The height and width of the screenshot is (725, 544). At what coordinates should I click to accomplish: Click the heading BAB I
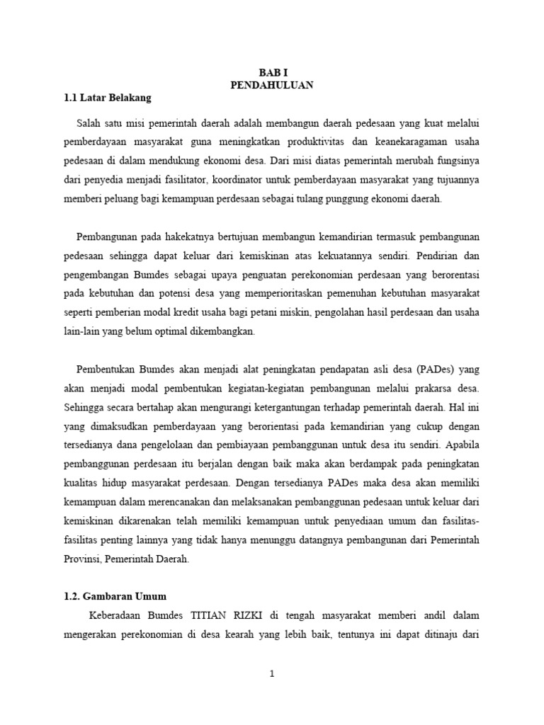(272, 72)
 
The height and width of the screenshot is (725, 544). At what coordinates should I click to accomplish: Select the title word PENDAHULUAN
(272, 85)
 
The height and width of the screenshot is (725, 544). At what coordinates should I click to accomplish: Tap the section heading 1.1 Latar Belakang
(108, 98)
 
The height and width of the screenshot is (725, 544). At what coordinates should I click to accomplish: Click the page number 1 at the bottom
(271, 674)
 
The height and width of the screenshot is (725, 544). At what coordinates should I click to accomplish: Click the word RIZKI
(251, 616)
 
